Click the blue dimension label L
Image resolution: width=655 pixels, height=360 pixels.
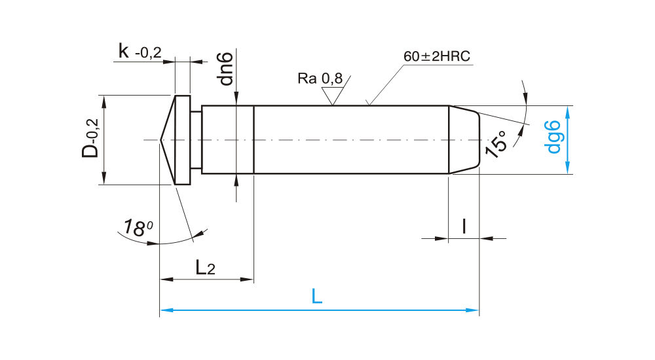pos(317,297)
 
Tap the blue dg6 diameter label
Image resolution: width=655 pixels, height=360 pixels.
pos(554,137)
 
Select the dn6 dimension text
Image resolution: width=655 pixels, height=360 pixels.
pos(226,67)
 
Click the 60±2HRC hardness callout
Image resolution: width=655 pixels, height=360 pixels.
pos(437,56)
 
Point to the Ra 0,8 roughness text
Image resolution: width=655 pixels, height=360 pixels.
pos(320,79)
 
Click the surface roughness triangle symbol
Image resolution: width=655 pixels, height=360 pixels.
pos(334,96)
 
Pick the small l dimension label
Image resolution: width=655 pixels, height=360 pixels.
pos(464,226)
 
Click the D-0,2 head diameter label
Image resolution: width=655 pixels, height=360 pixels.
pos(90,139)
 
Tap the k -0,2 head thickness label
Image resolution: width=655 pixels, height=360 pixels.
pos(140,52)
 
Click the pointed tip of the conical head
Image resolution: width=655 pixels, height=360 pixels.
pos(161,139)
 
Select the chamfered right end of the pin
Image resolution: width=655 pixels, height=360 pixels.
pos(464,139)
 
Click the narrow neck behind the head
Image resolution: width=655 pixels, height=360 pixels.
pos(196,139)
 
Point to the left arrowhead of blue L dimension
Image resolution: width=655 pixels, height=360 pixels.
pos(165,309)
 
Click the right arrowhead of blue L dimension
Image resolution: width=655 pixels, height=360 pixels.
pos(475,309)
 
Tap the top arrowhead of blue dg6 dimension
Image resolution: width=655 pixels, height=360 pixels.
pos(567,110)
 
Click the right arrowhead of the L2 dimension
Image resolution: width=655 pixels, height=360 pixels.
pos(248,279)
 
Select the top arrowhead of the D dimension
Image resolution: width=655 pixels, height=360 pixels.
pos(103,99)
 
